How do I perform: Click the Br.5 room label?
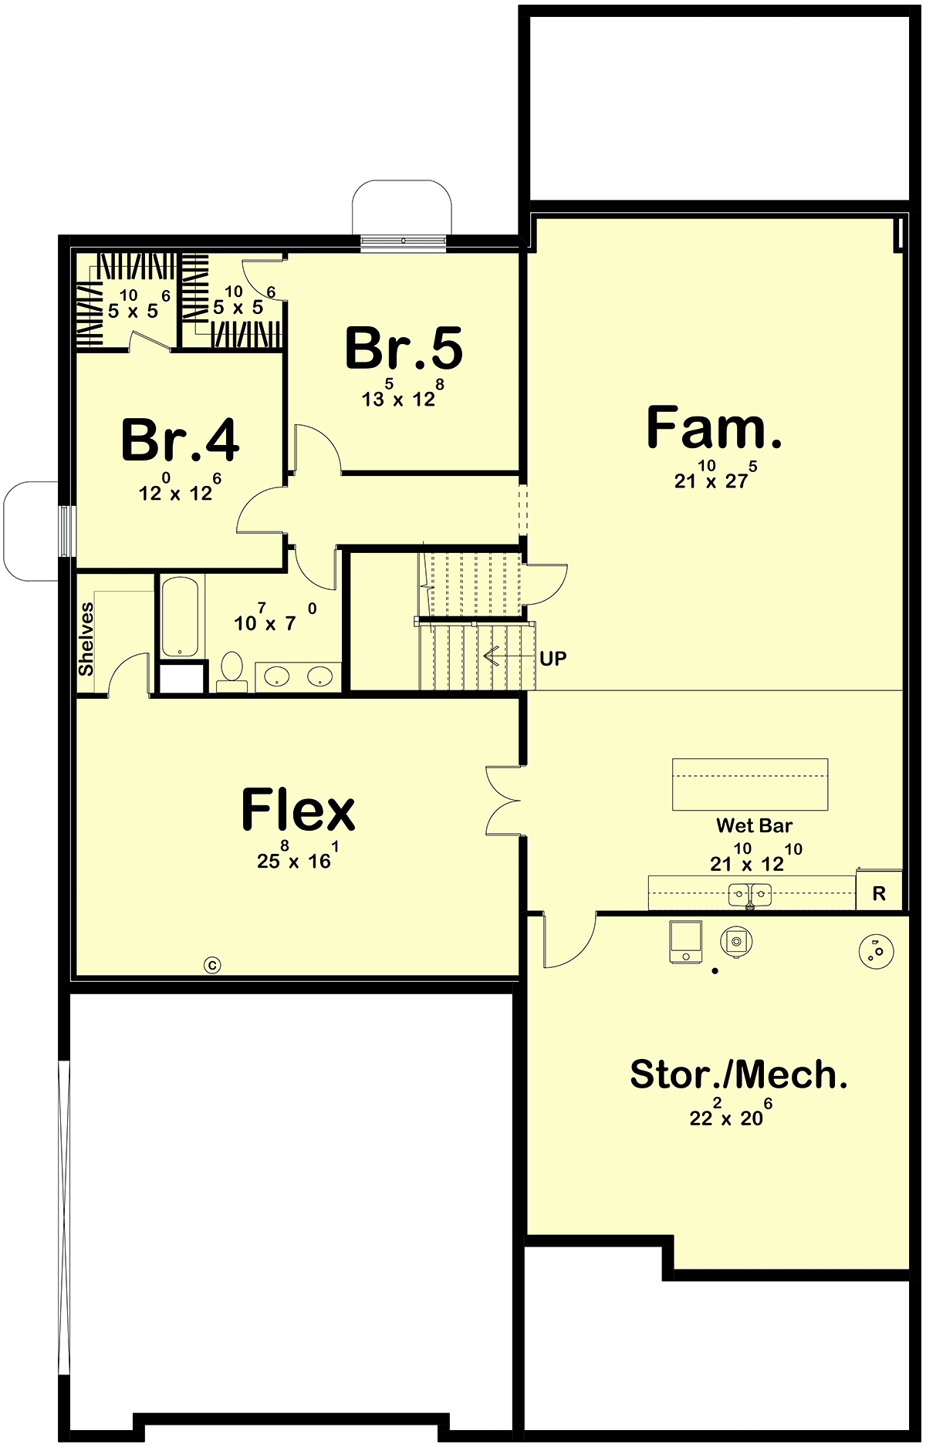[404, 348]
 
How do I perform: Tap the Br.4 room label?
[180, 440]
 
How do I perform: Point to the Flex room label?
[298, 809]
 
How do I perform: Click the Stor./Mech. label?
[738, 1074]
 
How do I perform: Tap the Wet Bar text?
[754, 825]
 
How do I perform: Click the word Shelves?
[86, 639]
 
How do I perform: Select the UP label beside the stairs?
[553, 659]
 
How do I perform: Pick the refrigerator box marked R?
[879, 891]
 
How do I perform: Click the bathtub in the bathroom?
[180, 616]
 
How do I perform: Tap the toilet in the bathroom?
[231, 672]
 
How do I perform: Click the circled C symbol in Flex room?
[212, 964]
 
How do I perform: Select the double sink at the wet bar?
[750, 896]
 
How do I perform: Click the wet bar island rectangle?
[750, 784]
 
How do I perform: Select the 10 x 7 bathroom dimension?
[275, 619]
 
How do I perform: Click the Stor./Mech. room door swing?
[569, 940]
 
